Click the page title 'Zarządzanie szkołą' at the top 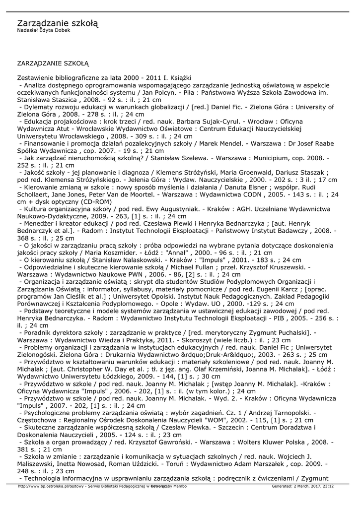pyautogui.click(x=58, y=23)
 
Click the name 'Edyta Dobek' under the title pyautogui.click(x=54, y=30)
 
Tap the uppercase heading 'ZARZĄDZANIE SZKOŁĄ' pyautogui.click(x=53, y=63)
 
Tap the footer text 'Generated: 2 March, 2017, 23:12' pyautogui.click(x=302, y=486)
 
